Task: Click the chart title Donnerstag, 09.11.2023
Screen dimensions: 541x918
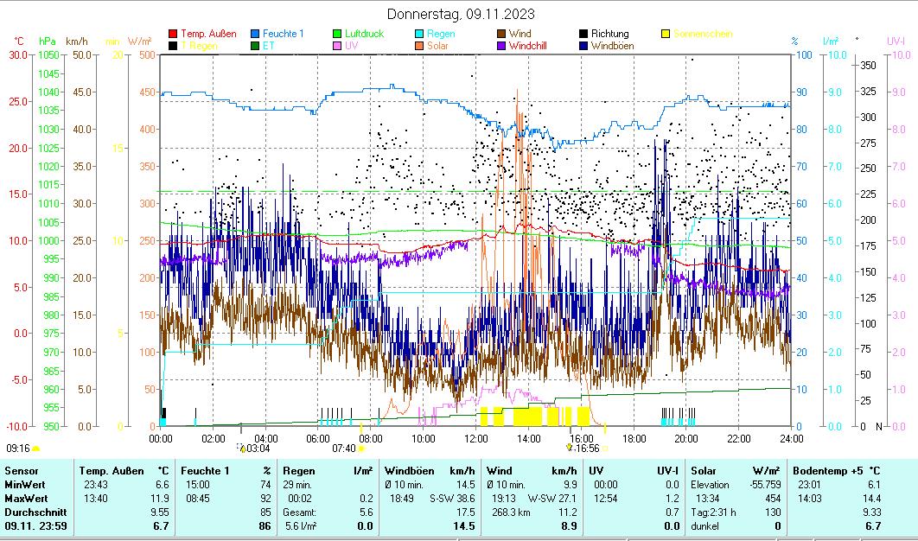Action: coord(461,14)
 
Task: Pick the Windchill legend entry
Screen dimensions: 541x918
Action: coord(531,45)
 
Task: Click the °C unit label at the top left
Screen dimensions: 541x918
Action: coord(19,41)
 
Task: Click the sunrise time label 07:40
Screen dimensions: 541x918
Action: coord(344,449)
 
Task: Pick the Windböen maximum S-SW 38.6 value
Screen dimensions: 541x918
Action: coord(453,499)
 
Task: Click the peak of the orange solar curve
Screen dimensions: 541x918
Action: coord(517,89)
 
